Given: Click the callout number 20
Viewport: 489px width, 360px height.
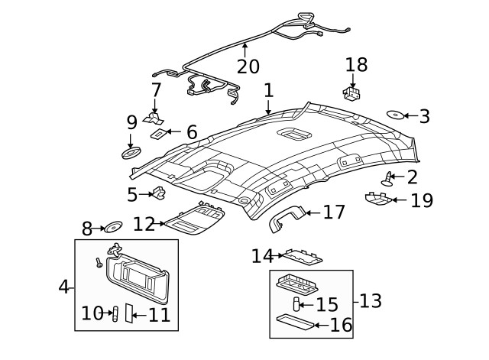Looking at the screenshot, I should (x=248, y=67).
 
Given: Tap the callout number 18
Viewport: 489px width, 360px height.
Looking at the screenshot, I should (x=356, y=64).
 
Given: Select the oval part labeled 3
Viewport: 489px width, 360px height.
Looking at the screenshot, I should (x=395, y=115).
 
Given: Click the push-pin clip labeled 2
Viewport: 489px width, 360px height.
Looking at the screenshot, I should (x=390, y=179).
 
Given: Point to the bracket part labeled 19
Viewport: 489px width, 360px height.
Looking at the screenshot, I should (x=379, y=199).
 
